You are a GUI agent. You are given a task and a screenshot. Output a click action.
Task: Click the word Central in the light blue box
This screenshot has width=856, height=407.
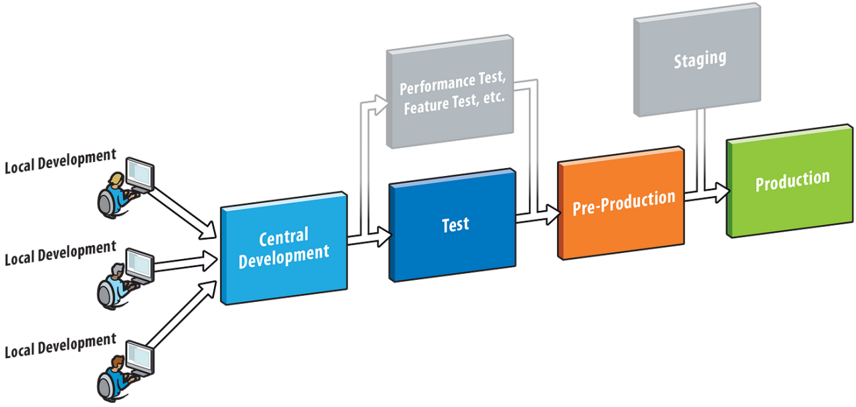[284, 236]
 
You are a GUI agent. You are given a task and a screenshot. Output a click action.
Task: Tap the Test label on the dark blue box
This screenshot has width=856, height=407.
[455, 225]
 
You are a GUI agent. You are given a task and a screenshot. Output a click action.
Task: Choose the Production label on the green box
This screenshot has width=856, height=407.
[792, 180]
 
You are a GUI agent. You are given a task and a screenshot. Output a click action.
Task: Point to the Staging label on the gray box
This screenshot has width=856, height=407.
[700, 59]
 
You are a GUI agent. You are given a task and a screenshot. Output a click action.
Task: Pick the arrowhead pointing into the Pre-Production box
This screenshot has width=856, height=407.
[552, 215]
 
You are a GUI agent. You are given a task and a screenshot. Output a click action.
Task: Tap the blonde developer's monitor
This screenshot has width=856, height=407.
[140, 175]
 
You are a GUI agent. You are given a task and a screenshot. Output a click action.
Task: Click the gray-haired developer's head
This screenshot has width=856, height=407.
[118, 270]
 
